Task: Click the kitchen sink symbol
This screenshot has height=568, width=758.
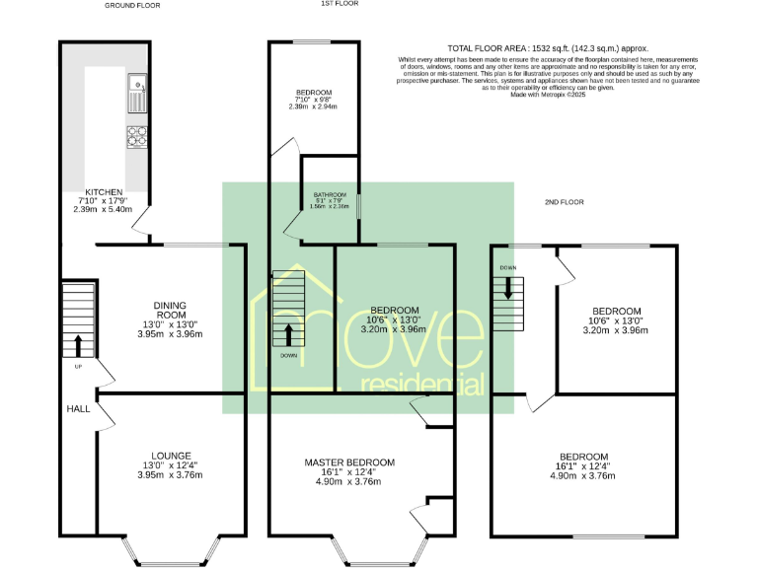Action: coord(136,94)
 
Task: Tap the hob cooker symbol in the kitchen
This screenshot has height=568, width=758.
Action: coord(136,137)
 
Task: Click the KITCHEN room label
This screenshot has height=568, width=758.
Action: coord(104,192)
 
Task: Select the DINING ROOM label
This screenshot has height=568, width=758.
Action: coord(170,311)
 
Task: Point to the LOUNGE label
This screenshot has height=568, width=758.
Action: coord(170,456)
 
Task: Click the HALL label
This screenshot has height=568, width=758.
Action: coord(78,408)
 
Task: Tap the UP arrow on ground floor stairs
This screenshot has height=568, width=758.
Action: coord(77,344)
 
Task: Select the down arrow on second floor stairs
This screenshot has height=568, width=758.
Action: coord(508,287)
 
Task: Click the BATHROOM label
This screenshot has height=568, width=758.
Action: coord(330,194)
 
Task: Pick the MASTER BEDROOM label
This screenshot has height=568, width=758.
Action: coord(349,462)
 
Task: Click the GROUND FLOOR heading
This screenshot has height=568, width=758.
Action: coord(133,5)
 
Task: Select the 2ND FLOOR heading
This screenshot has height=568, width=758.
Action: coord(565,202)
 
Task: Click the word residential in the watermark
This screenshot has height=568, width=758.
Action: coord(423,384)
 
